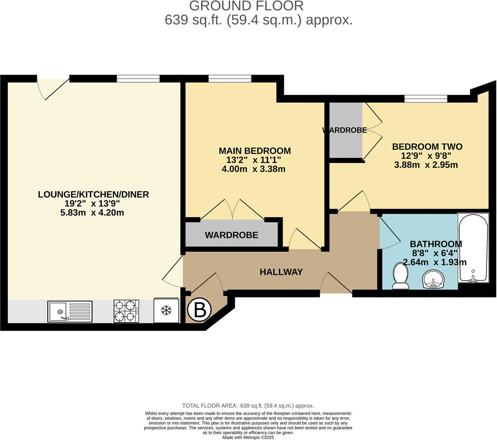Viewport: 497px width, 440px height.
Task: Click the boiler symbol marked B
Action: point(200,310)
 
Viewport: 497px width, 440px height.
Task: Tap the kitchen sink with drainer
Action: point(70,311)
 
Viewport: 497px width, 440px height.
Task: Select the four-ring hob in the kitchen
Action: point(126,311)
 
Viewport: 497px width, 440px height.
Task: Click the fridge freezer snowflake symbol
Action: point(166,310)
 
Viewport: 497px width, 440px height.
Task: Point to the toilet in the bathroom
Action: point(401,277)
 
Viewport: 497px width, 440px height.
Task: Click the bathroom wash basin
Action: point(434,279)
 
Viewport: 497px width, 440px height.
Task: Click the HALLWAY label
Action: point(281,272)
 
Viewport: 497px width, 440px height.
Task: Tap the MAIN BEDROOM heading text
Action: point(255,151)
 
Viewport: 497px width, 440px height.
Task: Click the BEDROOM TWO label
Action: point(427,147)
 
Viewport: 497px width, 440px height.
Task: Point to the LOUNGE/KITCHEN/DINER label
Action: point(93,194)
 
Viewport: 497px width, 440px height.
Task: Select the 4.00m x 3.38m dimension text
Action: point(254,169)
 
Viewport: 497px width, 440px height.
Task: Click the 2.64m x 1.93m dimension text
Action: point(434,262)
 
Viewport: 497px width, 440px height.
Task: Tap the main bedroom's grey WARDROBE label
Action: point(231,235)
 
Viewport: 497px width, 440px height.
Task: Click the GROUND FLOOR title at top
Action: point(246,6)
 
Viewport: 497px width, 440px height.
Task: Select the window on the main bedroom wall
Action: point(230,78)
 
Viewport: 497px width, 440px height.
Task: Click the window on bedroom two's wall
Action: point(426,98)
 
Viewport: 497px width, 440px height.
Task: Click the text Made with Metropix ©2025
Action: point(248,437)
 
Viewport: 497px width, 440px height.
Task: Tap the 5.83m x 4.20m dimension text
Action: point(92,212)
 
